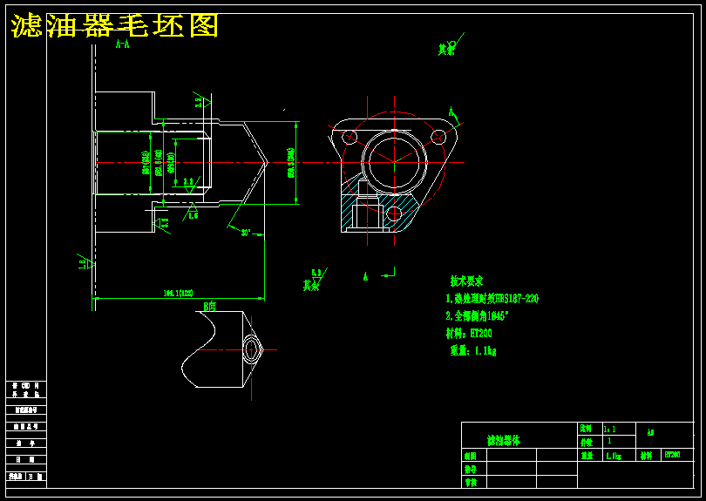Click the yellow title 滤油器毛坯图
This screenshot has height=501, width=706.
click(114, 26)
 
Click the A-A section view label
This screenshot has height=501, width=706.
click(123, 44)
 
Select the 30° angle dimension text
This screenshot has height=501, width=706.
click(246, 233)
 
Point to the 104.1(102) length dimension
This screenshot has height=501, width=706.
click(178, 294)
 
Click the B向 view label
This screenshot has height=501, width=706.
click(209, 306)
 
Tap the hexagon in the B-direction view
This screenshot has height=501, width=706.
click(252, 349)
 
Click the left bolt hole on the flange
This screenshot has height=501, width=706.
click(350, 136)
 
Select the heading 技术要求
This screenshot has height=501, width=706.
click(466, 281)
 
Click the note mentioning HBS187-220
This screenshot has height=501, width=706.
click(492, 299)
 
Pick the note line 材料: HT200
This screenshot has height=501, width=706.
click(470, 333)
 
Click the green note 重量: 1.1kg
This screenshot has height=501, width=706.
click(473, 350)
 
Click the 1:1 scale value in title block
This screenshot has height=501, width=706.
click(609, 430)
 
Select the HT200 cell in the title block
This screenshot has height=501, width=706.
click(673, 455)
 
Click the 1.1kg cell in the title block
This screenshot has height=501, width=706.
click(614, 455)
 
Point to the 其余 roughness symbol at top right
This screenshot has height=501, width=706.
click(448, 49)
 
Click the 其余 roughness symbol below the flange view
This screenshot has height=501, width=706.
click(312, 281)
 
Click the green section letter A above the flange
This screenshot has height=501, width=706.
click(451, 112)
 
